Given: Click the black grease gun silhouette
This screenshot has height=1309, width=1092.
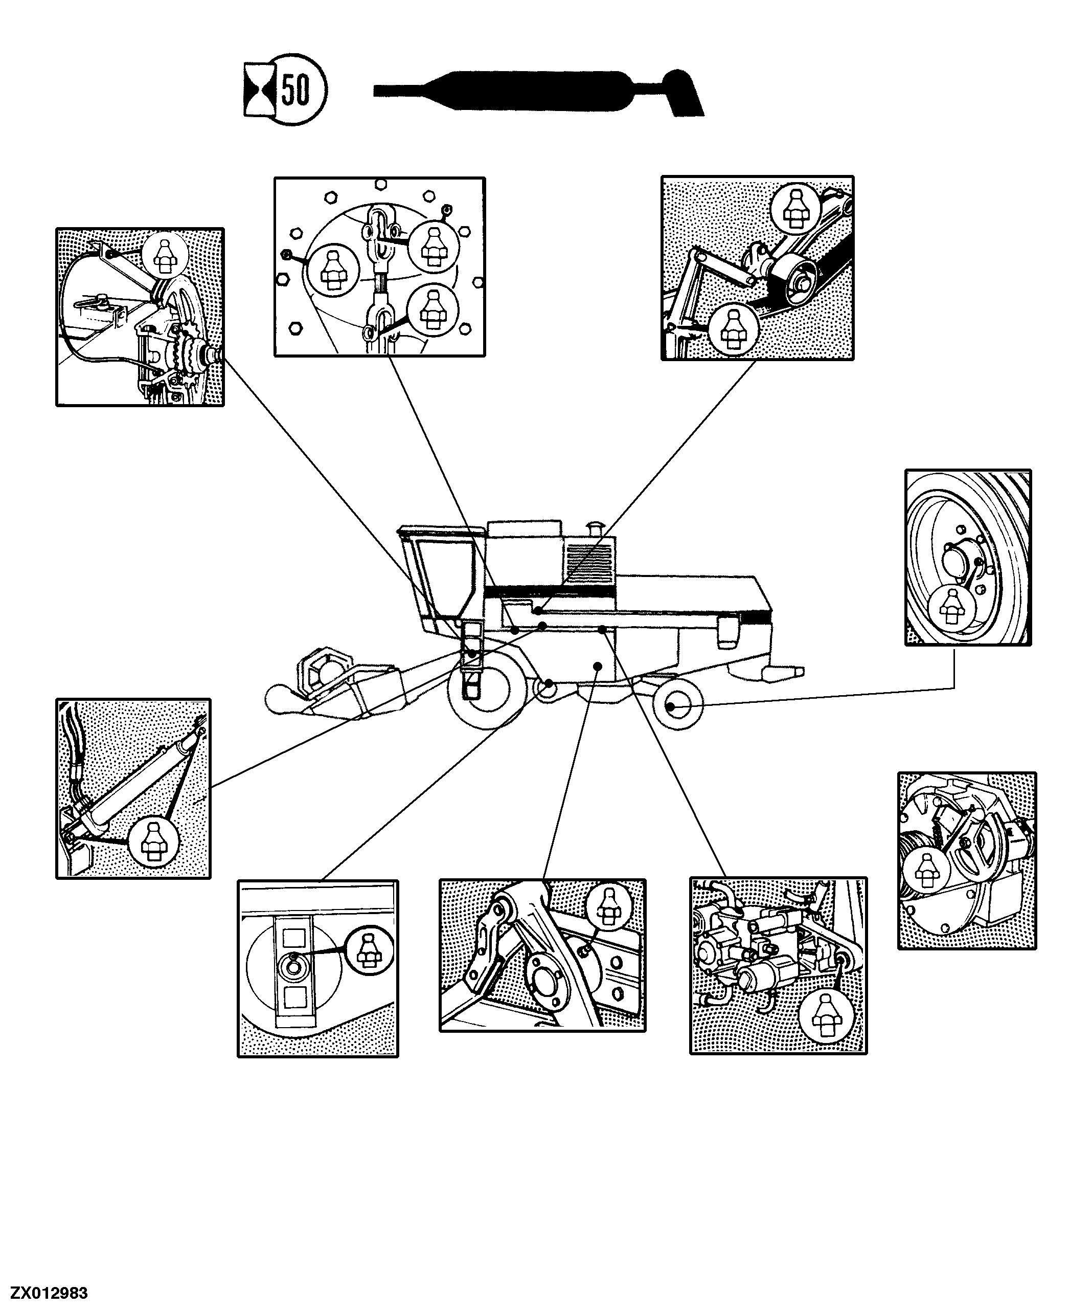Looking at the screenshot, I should click(539, 92).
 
